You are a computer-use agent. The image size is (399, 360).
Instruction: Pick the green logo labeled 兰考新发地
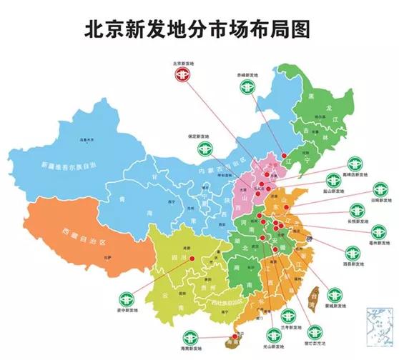(x=285, y=314)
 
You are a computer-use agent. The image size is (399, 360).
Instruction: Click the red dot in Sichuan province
(x=192, y=259)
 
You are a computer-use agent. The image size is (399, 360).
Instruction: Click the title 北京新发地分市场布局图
(x=199, y=29)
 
